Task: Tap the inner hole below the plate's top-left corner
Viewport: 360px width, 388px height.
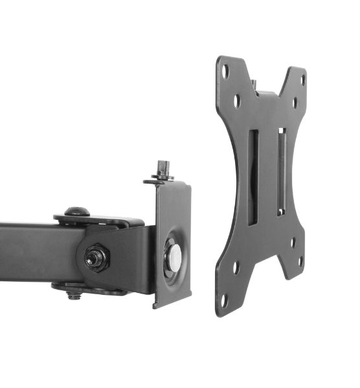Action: pos(237,101)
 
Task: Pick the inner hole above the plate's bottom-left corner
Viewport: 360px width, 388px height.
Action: pos(236,266)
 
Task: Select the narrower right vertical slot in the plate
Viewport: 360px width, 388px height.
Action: pos(281,171)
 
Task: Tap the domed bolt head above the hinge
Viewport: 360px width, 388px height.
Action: pos(77,212)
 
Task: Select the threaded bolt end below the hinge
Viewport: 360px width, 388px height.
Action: pos(74,296)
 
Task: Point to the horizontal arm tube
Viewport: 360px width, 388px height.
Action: pos(29,252)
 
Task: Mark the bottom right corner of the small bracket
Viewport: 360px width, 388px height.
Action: pos(190,297)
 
